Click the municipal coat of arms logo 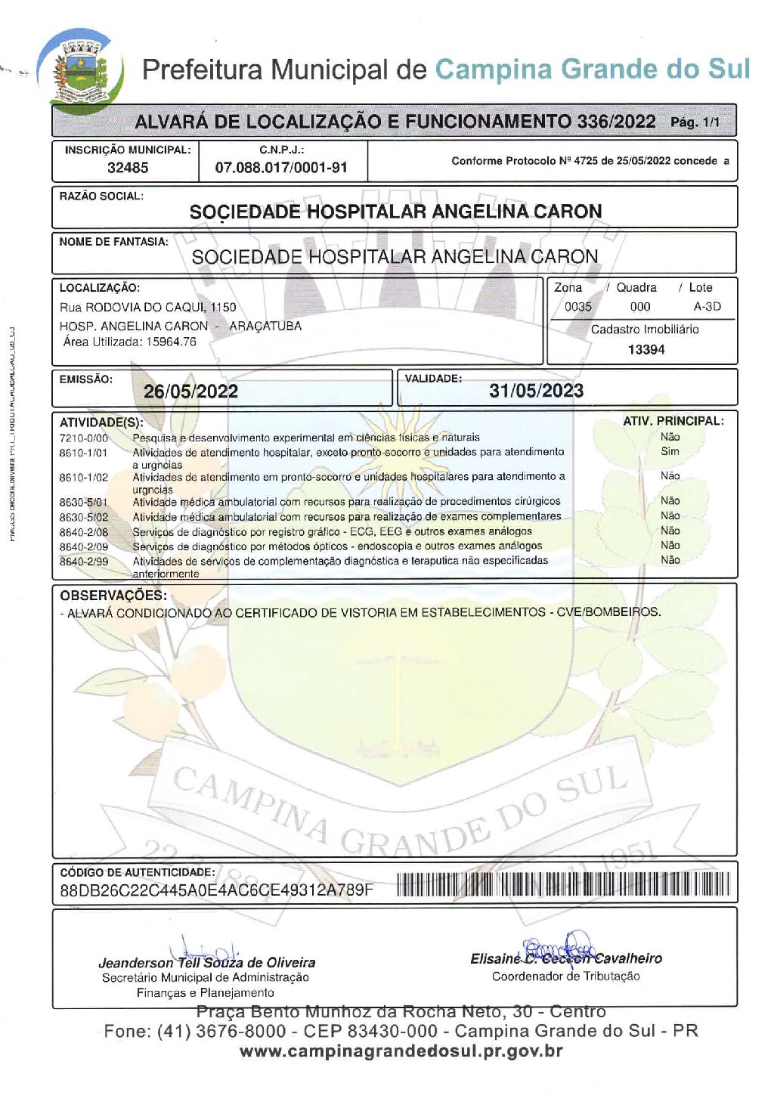click(82, 71)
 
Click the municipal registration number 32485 click(128, 168)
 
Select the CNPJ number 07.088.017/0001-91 click(281, 168)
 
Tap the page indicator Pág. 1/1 click(695, 122)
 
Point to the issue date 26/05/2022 click(190, 392)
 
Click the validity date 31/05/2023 click(536, 391)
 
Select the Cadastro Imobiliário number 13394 click(646, 349)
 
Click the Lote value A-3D click(707, 307)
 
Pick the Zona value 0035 click(578, 307)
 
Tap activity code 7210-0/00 click(84, 438)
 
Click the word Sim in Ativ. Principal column click(670, 451)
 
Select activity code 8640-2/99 click(84, 562)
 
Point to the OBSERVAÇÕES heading click(113, 596)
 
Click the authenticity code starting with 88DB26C click(217, 890)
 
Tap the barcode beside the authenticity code click(563, 884)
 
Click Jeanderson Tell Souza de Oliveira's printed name click(207, 963)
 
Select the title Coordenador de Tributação click(565, 976)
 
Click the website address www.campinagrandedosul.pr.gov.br click(401, 1051)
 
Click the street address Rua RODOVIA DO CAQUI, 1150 click(148, 307)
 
